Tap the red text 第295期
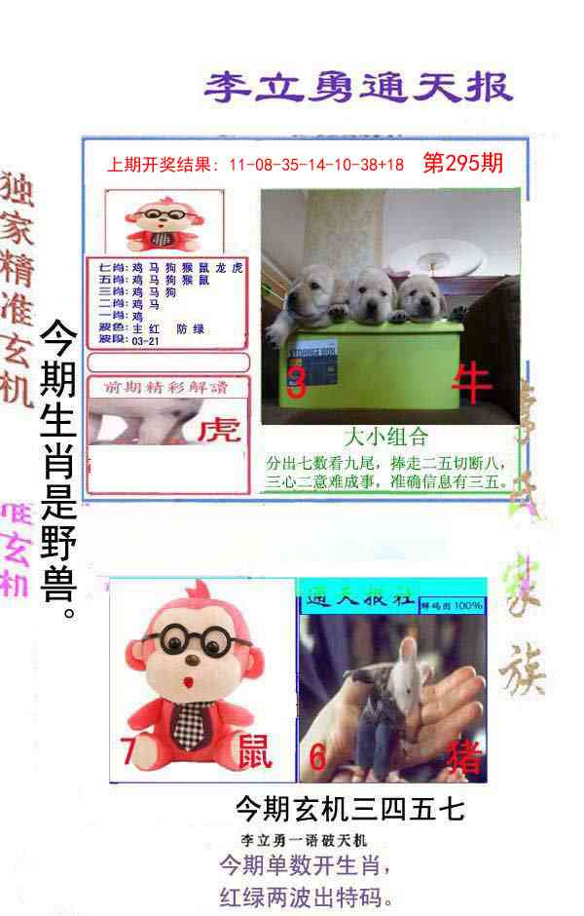point(463,163)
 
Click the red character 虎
point(219,430)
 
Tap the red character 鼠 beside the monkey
point(255,751)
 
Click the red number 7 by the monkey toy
point(128,751)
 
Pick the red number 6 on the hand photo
point(317,756)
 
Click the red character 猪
point(462,756)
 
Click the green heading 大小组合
point(386,437)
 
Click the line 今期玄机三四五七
point(349,809)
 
